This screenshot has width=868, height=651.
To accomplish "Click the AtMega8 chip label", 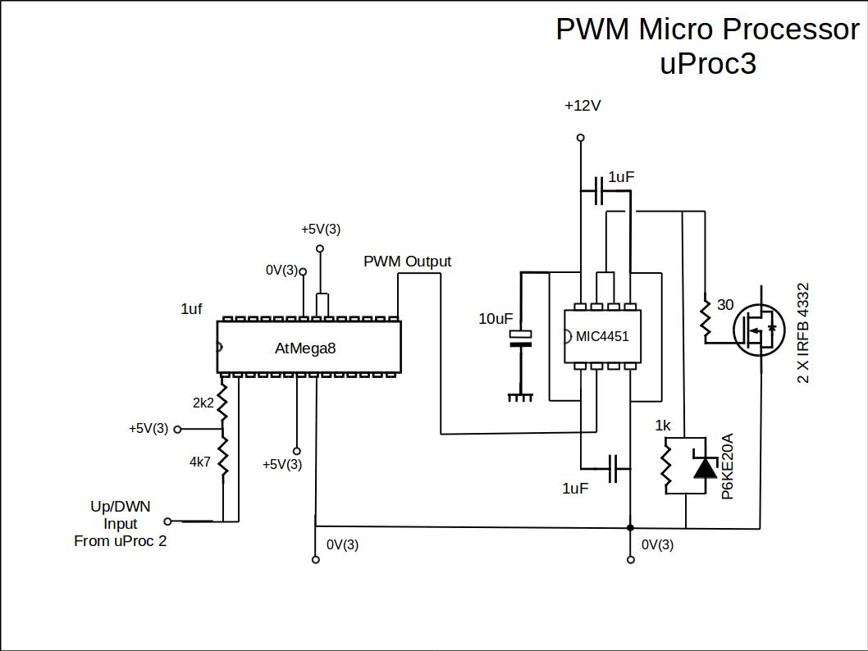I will coord(305,348).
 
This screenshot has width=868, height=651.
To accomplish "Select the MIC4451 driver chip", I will coord(602,337).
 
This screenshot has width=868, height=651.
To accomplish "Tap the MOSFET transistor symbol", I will coord(759,330).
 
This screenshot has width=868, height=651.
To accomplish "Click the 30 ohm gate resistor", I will coord(705,321).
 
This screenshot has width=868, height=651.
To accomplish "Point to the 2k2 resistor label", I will coord(203,403).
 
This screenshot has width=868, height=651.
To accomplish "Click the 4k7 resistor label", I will coord(200,462).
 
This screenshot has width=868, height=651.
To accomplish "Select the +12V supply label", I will coord(582,106).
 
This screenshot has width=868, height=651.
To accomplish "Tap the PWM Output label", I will coord(407,262).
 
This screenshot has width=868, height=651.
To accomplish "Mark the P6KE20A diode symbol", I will coord(704,467).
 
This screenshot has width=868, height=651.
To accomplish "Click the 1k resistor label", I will coord(663,426).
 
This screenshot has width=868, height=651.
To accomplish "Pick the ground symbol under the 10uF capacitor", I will coord(519,398).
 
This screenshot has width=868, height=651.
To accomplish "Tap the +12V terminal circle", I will coord(581,138).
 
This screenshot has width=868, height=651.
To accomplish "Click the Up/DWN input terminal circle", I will coord(168,521).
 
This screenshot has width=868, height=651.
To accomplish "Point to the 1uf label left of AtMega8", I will coord(191,309).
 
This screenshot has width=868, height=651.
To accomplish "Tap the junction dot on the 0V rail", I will coord(630,528).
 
